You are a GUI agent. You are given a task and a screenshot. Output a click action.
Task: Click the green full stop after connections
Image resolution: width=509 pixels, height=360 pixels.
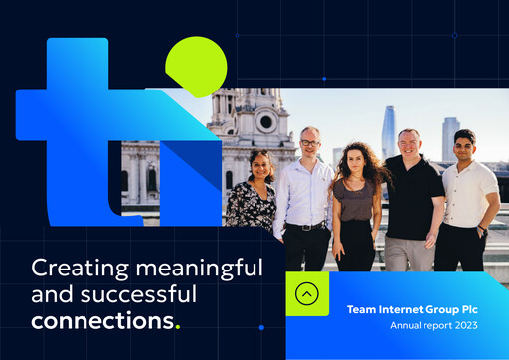[x=178, y=326]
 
